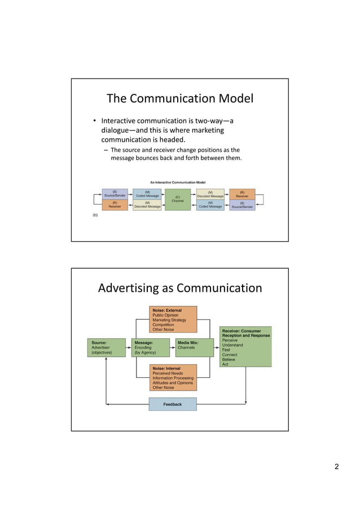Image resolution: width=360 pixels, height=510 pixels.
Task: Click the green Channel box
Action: pos(178,199)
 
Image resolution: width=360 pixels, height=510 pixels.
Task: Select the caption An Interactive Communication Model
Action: pos(177,182)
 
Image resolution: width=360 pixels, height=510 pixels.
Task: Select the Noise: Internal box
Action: pos(173,378)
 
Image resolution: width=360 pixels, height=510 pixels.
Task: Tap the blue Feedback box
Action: pos(173,404)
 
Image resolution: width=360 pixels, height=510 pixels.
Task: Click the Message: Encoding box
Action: pos(150,347)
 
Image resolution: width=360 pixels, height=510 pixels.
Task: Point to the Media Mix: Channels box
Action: pos(195,347)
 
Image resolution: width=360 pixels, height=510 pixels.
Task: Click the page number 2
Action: pos(337,467)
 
